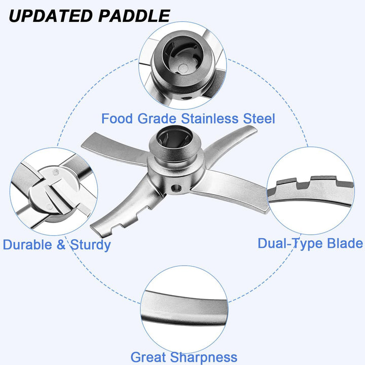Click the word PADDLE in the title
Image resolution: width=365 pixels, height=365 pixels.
coord(134,16)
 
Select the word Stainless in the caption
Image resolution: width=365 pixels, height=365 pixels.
coord(210,119)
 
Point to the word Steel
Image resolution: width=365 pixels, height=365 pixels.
coord(259,119)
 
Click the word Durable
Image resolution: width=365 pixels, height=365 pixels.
coord(27,245)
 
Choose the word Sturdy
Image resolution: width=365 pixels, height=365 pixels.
coord(90,245)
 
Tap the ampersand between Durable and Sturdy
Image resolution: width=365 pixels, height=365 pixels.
coord(61,245)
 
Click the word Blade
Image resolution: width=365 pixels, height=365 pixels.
coord(345,243)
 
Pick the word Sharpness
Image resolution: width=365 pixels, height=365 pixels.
coord(204,357)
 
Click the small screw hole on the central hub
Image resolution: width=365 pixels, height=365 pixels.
coord(176,188)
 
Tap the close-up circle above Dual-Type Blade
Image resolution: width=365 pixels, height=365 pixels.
coord(311,191)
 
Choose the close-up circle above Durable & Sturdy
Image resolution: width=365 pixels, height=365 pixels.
coord(54,191)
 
